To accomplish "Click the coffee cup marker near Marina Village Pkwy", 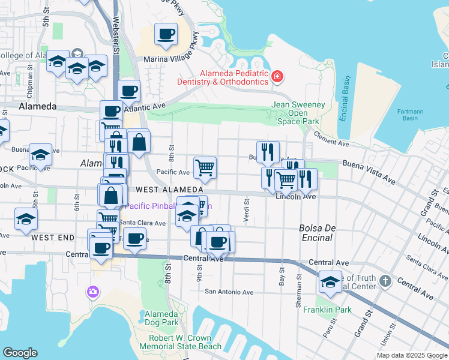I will tap(166, 34).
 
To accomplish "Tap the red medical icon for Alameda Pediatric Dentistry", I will tap(277, 76).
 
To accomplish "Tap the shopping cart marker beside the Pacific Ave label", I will tap(205, 168).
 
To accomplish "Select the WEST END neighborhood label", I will tap(53, 238).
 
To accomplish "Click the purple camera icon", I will tap(92, 292).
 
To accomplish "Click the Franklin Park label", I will tap(327, 310).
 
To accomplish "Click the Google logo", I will tap(20, 353).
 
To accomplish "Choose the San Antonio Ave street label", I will tap(229, 292).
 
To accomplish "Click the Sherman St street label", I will tap(298, 292).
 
